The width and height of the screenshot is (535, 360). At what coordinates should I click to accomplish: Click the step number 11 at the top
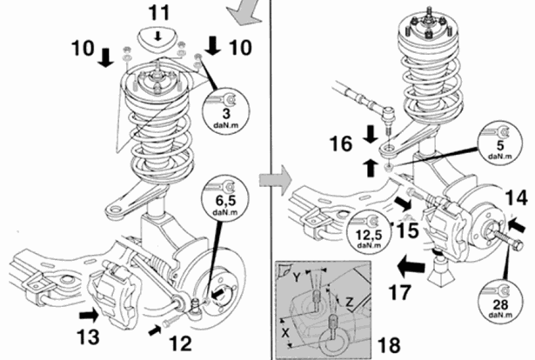pyautogui.click(x=157, y=12)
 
